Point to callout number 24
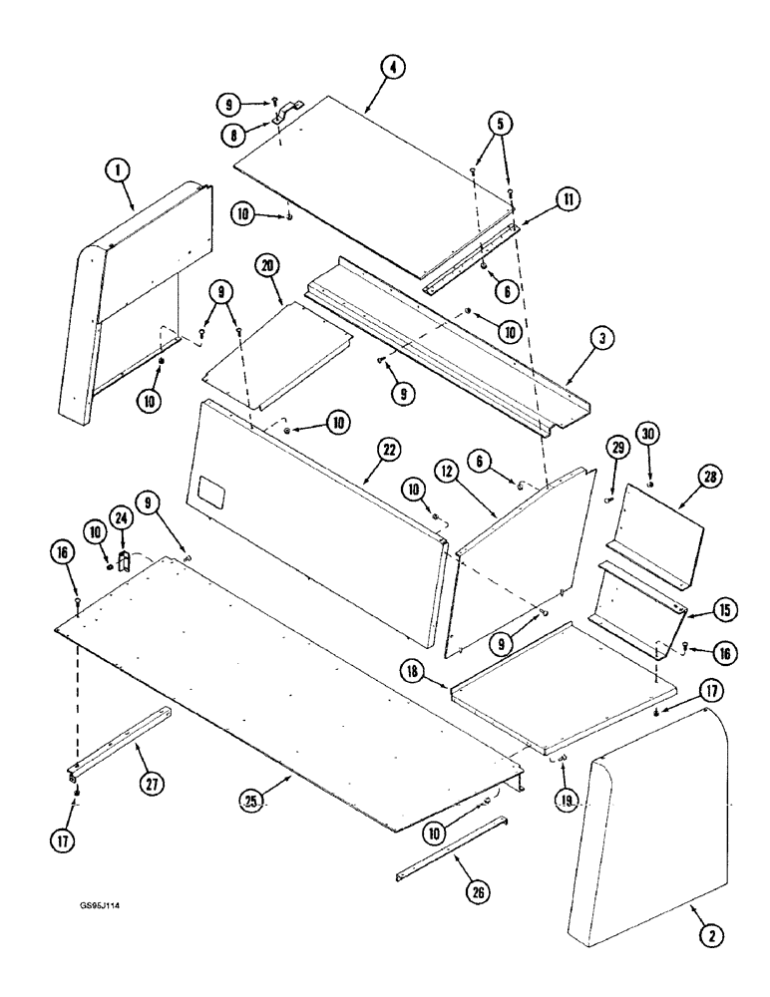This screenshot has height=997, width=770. tap(122, 517)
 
